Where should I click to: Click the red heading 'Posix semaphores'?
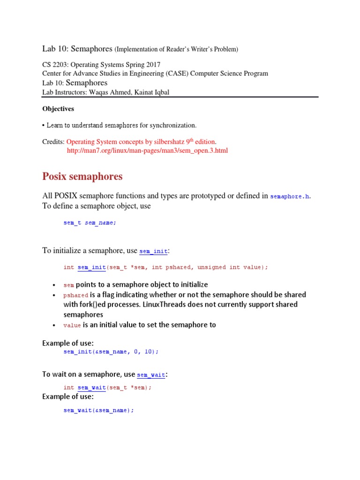tap(82, 177)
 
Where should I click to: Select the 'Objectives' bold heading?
tap(58, 109)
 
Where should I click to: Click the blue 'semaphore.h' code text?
tap(290, 196)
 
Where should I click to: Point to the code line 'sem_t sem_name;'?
tap(90, 223)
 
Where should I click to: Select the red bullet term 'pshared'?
tap(75, 295)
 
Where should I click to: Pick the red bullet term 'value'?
tap(72, 325)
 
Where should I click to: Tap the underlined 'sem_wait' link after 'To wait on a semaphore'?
tap(150, 375)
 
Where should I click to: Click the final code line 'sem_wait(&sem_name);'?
tap(98, 410)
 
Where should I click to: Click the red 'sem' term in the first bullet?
tap(68, 285)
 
